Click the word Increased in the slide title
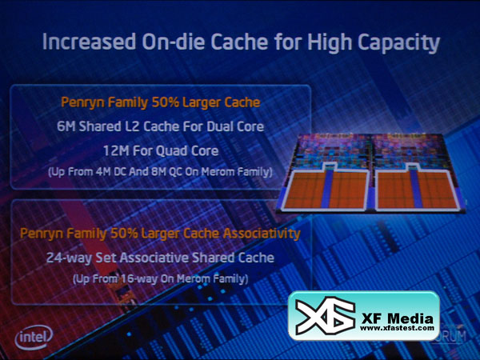[89, 42]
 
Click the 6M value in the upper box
[66, 126]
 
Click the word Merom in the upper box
[218, 172]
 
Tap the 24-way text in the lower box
[69, 258]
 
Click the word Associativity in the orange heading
[262, 234]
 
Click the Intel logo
[34, 338]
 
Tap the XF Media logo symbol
[326, 316]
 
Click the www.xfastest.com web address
[397, 328]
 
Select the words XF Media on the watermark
[398, 318]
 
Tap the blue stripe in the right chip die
[416, 187]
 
